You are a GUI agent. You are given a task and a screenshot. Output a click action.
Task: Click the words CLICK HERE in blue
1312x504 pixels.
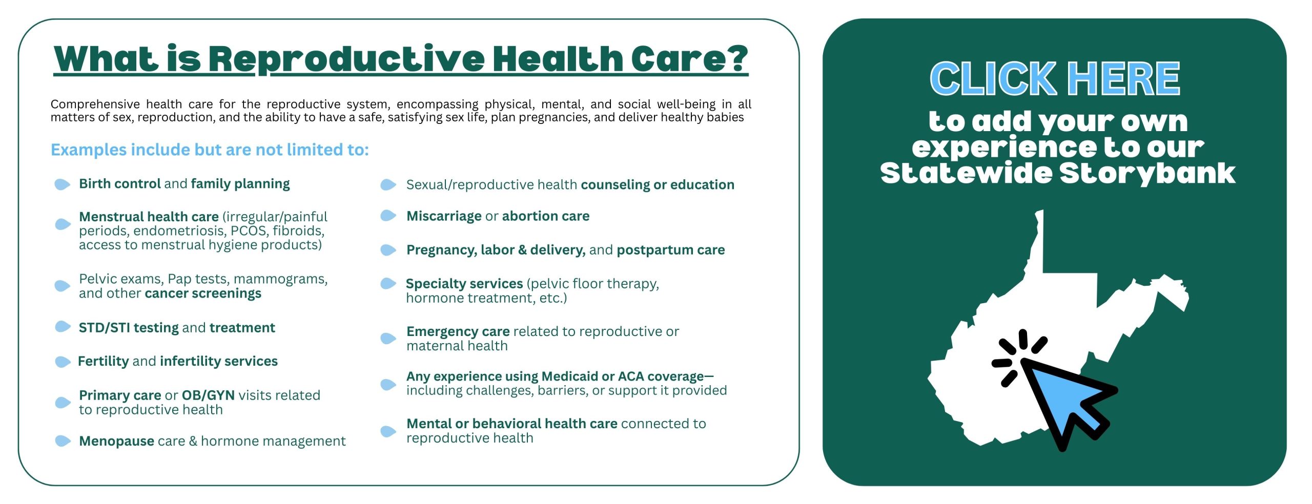click(1055, 78)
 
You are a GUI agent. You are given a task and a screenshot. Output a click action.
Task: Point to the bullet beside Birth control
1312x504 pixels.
click(62, 184)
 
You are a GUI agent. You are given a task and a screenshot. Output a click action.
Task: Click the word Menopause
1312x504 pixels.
click(116, 441)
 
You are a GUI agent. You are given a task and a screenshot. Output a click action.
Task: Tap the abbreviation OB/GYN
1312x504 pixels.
click(208, 395)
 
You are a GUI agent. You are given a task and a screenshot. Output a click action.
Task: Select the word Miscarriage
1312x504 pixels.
click(444, 216)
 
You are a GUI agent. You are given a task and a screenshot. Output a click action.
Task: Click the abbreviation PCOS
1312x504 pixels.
click(248, 231)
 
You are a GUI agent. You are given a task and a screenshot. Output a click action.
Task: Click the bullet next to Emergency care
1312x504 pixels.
click(388, 338)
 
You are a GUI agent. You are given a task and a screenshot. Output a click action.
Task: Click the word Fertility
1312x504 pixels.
click(103, 362)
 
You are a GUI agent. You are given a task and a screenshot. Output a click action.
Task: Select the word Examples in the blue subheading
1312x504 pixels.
click(89, 150)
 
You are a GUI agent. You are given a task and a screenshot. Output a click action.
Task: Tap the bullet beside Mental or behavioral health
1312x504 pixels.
click(388, 431)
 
